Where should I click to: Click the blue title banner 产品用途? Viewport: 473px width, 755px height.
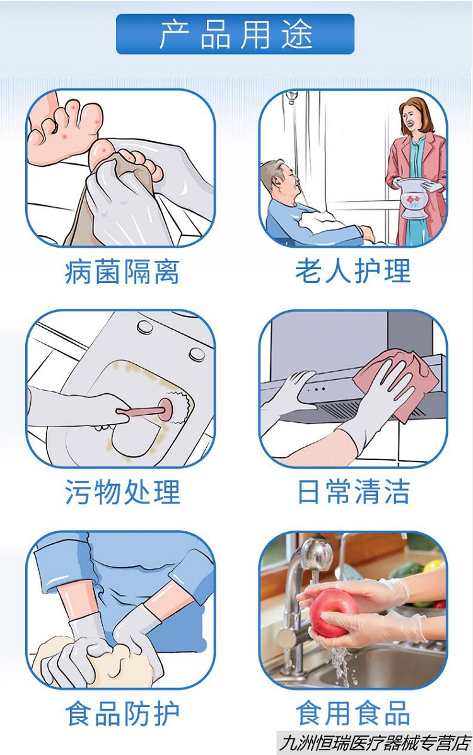(x=235, y=34)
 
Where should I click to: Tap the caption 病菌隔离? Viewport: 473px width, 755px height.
(x=122, y=272)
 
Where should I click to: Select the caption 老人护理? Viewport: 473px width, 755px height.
(x=353, y=270)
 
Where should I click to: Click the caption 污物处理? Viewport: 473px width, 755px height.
(x=122, y=492)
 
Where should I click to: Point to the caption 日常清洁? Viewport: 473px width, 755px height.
(x=354, y=492)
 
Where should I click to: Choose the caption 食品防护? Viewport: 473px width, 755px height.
(x=122, y=713)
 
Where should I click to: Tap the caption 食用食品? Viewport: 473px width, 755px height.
(x=353, y=713)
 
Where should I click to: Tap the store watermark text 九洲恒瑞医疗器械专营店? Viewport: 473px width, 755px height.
(x=375, y=743)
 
